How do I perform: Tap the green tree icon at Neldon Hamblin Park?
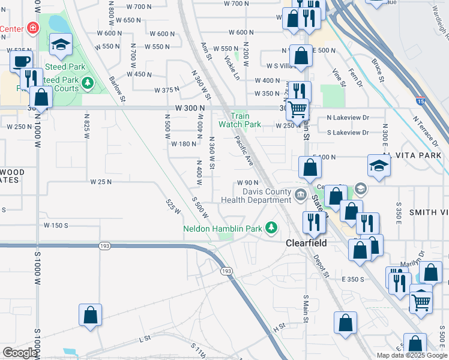click(x=272, y=227)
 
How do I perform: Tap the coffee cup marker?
click(x=21, y=61)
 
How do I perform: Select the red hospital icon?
click(x=31, y=28)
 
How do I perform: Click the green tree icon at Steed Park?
click(x=88, y=82)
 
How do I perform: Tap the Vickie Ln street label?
click(x=232, y=68)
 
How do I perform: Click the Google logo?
click(x=19, y=353)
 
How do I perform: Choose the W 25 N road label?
click(x=101, y=181)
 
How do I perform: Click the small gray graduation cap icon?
click(x=360, y=188)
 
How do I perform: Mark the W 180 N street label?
click(x=184, y=144)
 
